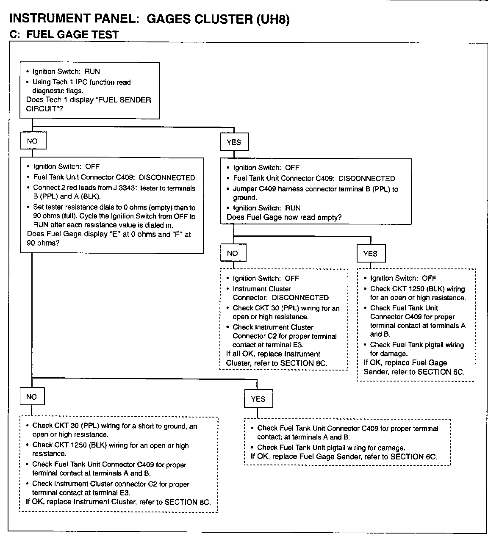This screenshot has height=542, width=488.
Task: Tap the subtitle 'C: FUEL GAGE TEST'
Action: coord(64,35)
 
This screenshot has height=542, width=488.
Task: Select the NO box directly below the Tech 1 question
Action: coord(33,141)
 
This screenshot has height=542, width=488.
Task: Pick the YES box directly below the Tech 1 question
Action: coord(234,142)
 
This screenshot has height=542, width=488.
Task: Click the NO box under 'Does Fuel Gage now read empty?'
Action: coord(233,253)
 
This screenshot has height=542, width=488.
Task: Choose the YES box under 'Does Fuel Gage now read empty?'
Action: coord(370,254)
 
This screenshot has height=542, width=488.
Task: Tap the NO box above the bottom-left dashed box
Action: coord(32,397)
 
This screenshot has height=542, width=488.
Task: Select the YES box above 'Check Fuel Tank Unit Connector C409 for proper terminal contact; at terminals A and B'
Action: coord(258,399)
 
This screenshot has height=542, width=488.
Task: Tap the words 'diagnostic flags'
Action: coord(58,90)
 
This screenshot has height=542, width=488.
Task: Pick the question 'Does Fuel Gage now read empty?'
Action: coord(284,217)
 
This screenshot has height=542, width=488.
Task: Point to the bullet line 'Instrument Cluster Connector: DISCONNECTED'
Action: coord(280,293)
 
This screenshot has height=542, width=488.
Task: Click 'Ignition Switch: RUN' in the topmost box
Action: coord(66,72)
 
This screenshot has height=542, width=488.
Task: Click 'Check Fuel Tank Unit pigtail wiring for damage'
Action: coord(331,448)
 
